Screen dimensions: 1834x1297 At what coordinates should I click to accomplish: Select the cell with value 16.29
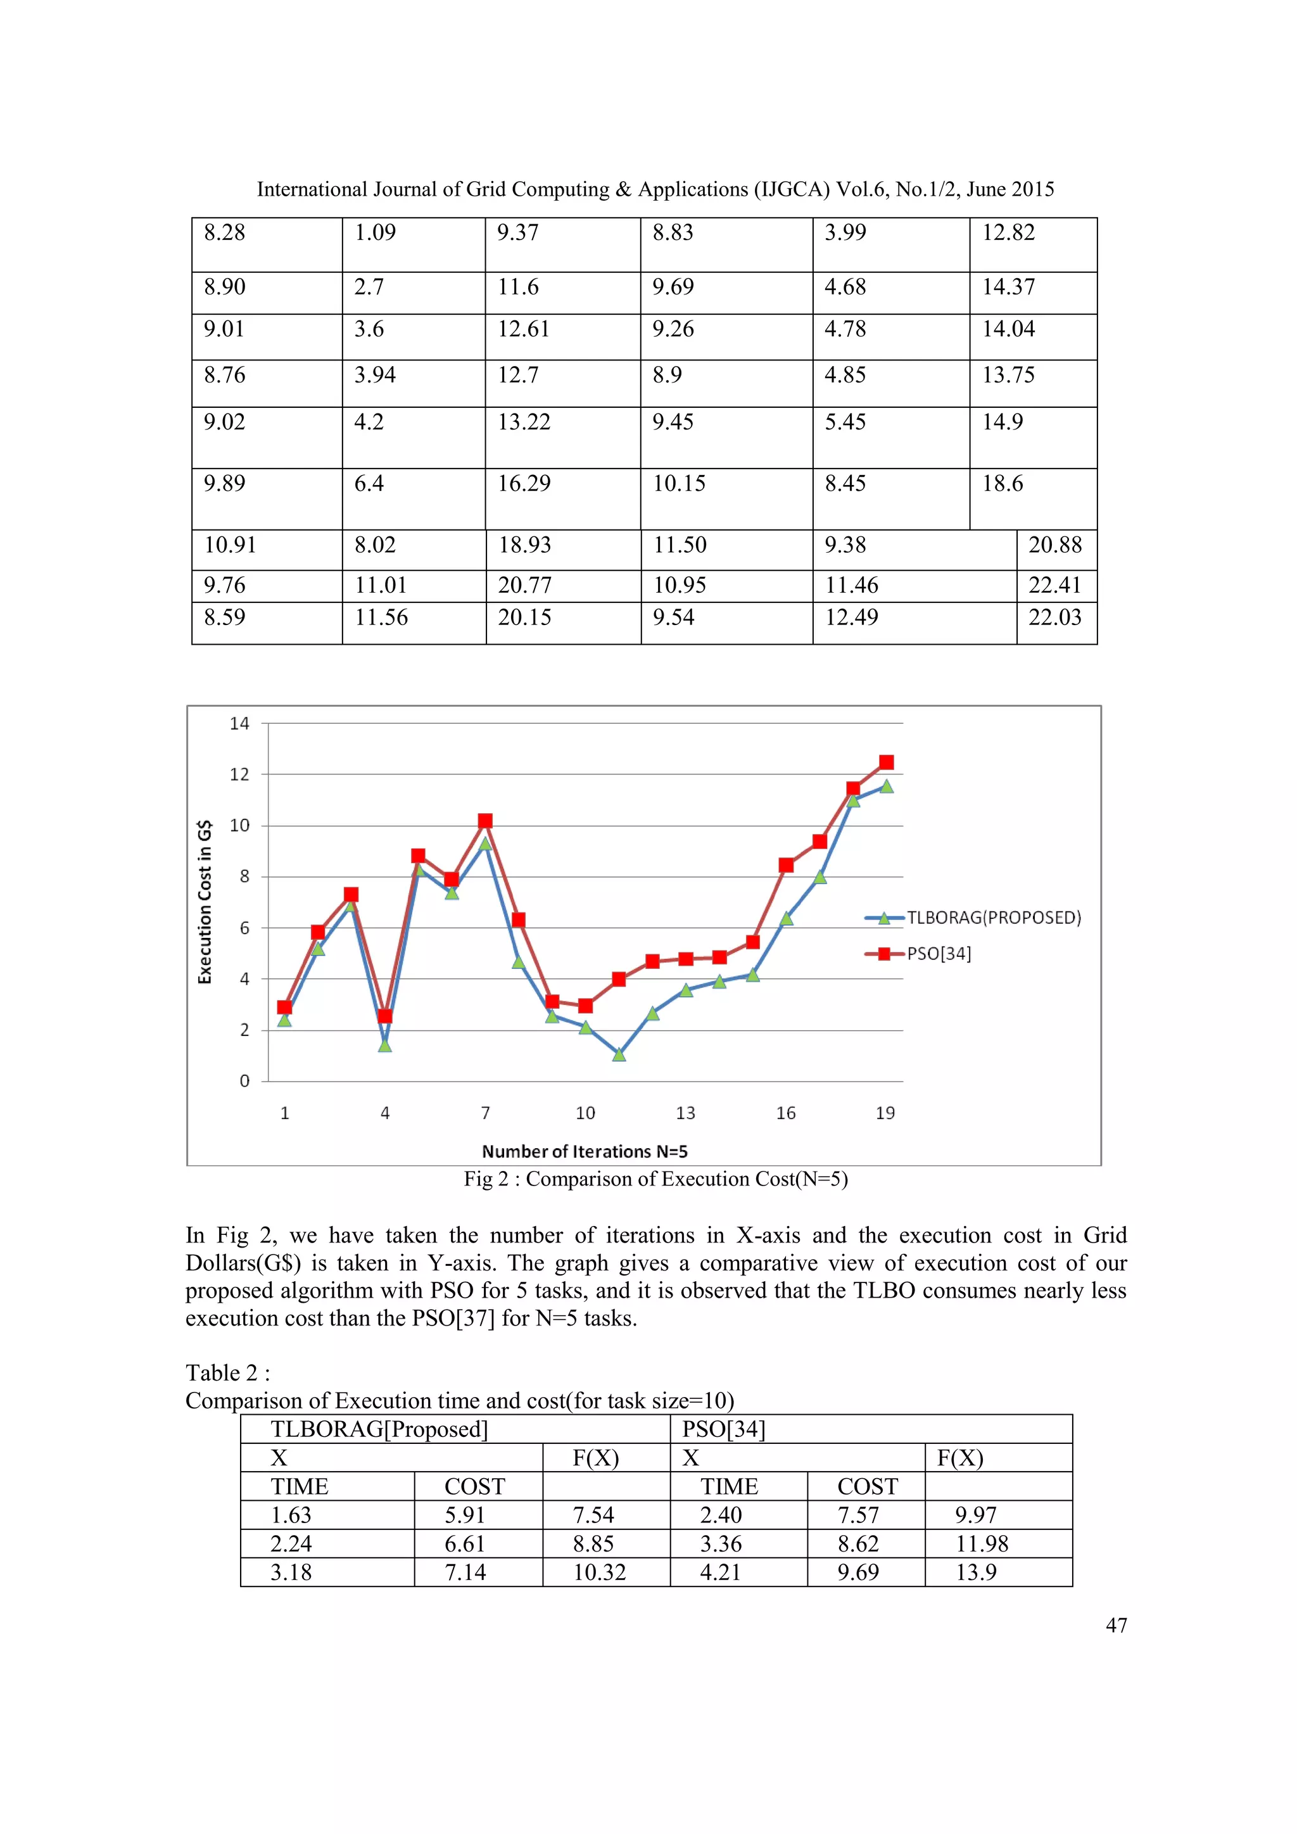[524, 483]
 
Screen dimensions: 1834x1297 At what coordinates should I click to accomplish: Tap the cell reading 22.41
[1054, 586]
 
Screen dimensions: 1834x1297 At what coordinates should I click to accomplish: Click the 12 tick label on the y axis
[239, 774]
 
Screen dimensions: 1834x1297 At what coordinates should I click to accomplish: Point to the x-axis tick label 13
[685, 1113]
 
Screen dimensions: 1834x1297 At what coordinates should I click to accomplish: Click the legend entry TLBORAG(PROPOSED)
[994, 918]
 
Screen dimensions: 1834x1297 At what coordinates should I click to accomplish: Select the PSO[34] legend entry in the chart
[939, 954]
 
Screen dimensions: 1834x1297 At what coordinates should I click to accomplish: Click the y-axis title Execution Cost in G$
[205, 902]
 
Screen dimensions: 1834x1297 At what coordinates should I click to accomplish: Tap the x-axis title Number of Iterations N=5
[585, 1151]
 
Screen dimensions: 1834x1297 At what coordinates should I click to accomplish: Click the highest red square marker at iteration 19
[886, 762]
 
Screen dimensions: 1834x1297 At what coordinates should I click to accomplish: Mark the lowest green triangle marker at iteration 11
[619, 1054]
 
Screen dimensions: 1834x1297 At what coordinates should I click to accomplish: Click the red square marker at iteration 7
[484, 821]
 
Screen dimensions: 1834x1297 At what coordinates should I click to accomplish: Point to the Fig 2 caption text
[655, 1179]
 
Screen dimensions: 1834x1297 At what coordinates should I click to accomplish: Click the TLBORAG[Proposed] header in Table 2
[379, 1429]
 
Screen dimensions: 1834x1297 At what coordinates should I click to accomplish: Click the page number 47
[1116, 1625]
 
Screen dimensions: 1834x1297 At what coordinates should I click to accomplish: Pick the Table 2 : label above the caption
[227, 1372]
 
